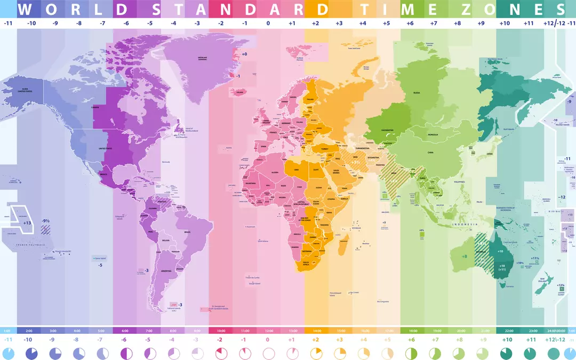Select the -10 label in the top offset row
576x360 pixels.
31,23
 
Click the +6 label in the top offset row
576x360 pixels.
410,23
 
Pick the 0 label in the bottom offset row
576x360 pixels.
268,339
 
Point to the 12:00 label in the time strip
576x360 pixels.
268,331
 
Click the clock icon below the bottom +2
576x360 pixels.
316,353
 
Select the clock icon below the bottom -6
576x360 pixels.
126,353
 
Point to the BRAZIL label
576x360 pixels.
187,233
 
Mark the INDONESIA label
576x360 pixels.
462,225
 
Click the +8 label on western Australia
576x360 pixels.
464,257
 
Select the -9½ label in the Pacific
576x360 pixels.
46,220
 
